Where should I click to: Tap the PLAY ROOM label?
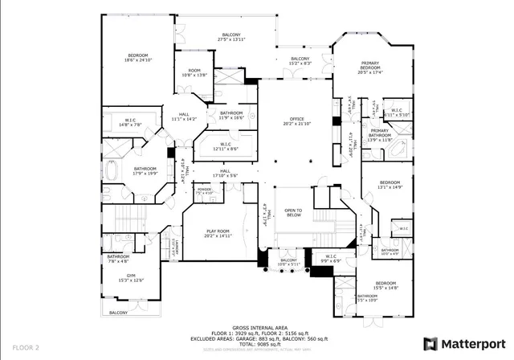[218, 234]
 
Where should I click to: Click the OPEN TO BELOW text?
[292, 213]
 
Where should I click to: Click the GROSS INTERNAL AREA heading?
[256, 328]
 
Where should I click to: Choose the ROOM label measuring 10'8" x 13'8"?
[194, 73]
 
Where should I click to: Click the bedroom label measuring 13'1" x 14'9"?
[390, 184]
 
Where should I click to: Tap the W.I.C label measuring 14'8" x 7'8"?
[129, 123]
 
